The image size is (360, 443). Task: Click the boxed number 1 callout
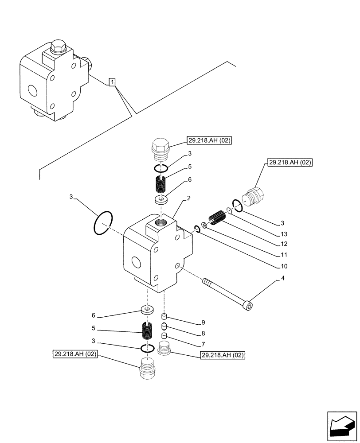(x=113, y=82)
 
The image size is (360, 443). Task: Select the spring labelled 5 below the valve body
(x=147, y=330)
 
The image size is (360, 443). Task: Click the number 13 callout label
(x=284, y=233)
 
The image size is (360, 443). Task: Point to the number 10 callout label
(x=284, y=266)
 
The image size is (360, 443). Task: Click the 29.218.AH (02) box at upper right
(x=290, y=163)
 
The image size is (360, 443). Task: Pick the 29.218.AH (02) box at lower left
(x=75, y=354)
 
